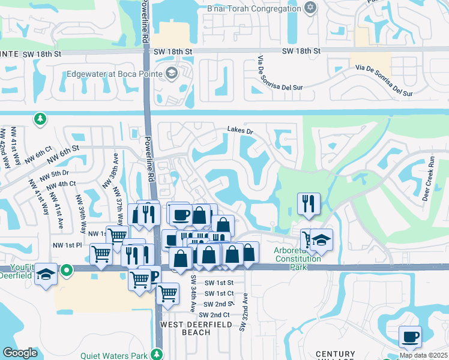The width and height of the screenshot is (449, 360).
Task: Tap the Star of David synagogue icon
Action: (x=310, y=7)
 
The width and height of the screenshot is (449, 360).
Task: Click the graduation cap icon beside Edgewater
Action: (x=172, y=74)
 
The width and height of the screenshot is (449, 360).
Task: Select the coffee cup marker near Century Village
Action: (x=410, y=337)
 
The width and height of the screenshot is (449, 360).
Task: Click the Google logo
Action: (x=20, y=353)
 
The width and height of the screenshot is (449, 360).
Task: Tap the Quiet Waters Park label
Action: (x=117, y=353)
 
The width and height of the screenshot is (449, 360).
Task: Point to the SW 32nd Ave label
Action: (x=244, y=312)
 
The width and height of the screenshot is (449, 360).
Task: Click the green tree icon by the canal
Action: (x=40, y=119)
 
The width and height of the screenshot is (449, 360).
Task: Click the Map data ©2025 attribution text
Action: (x=423, y=355)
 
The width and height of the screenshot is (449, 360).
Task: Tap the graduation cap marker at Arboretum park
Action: (x=321, y=240)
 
